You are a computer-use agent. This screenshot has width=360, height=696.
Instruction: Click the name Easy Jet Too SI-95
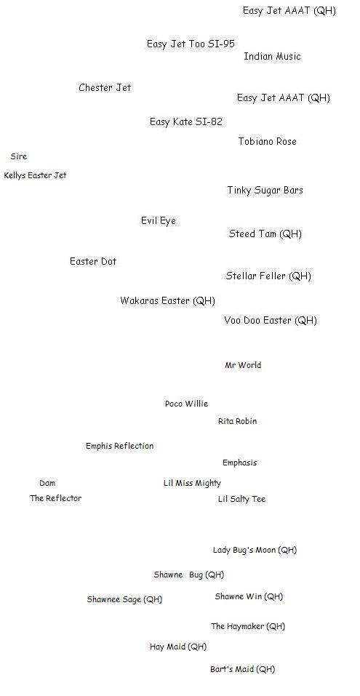(x=191, y=44)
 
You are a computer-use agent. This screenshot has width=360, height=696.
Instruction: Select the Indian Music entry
(x=272, y=57)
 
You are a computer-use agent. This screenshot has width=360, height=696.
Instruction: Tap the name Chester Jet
(x=105, y=87)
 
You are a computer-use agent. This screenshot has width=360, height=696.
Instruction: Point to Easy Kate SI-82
(x=186, y=121)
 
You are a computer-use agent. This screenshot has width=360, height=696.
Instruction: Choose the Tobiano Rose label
(x=267, y=142)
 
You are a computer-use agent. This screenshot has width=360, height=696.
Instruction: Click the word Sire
(x=19, y=156)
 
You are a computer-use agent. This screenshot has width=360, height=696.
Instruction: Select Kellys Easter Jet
(x=35, y=176)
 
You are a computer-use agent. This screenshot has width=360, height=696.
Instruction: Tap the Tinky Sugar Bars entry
(x=265, y=191)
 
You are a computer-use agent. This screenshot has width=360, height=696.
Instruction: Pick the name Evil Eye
(x=159, y=220)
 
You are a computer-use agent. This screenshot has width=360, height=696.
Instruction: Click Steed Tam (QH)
(x=265, y=234)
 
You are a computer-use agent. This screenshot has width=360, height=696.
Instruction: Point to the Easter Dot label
(x=93, y=261)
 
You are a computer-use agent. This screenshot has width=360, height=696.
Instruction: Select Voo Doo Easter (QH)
(x=271, y=321)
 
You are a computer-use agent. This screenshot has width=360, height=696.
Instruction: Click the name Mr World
(x=243, y=365)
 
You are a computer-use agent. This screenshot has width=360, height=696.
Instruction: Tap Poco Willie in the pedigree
(x=186, y=404)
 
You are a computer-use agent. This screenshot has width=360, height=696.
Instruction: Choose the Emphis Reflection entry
(x=120, y=446)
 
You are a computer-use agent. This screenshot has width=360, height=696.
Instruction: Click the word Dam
(x=47, y=483)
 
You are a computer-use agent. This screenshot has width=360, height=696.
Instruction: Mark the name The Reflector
(x=56, y=498)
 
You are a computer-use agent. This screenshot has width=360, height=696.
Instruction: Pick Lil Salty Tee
(x=241, y=500)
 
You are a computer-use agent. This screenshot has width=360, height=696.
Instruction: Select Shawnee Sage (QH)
(x=125, y=600)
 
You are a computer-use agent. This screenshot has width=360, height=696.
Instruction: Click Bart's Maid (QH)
(x=242, y=669)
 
